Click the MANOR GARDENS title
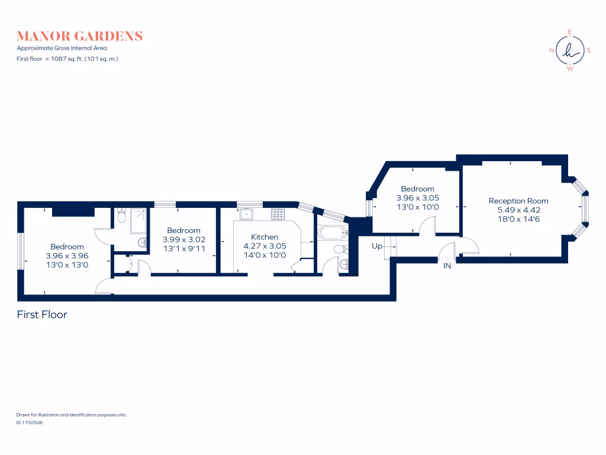point(80,36)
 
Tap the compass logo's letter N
point(552,50)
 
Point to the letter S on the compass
point(589,50)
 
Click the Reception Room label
point(518,201)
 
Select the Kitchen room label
point(265,237)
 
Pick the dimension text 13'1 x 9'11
point(183,248)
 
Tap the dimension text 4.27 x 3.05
point(265,246)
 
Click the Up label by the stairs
point(377,246)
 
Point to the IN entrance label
point(447,266)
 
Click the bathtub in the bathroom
point(333,232)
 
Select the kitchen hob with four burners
point(278,213)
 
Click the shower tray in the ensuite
point(138,220)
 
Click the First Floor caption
point(42,315)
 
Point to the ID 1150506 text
point(30,423)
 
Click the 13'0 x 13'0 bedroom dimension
point(67,265)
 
